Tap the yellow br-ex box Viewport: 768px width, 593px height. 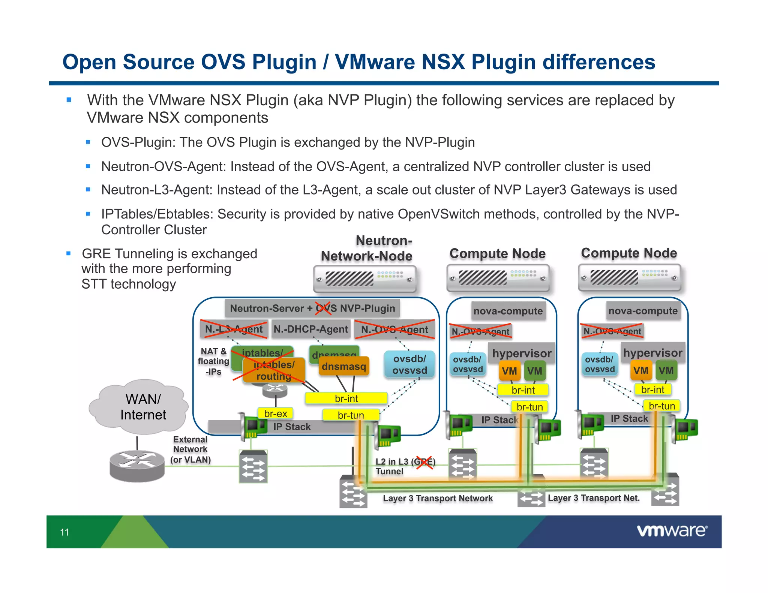[276, 413]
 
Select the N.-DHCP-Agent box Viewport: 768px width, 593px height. [310, 329]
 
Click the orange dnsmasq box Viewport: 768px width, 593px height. [344, 366]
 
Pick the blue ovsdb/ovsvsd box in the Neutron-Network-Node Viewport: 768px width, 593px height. [409, 364]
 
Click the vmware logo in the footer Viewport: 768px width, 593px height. [672, 531]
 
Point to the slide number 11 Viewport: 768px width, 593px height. [64, 532]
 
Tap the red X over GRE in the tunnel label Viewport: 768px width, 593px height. [424, 462]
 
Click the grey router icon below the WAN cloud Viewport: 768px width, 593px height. [137, 466]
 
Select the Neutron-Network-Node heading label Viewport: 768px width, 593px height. [366, 248]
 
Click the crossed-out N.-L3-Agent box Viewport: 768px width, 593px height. [234, 329]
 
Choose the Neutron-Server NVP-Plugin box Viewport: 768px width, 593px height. [312, 308]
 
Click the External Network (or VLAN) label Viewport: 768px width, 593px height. [190, 449]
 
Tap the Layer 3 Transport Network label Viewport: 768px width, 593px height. [438, 498]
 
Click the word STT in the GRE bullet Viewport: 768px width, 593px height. [94, 284]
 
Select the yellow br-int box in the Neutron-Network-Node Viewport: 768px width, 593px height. [346, 398]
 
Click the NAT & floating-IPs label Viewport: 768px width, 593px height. [213, 361]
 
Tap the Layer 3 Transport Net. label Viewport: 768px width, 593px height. [594, 498]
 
